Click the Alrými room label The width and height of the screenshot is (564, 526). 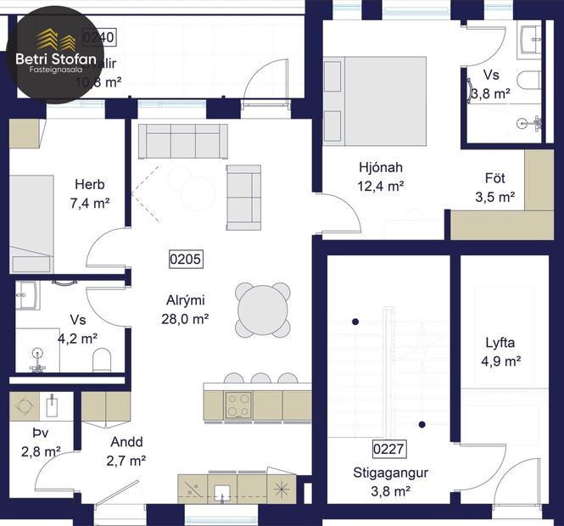point(186,299)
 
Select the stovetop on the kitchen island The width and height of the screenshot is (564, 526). point(237,405)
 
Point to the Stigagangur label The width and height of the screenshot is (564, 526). point(390,473)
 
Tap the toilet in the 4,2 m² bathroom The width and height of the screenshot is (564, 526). point(101,360)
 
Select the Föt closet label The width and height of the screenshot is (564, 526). point(495,178)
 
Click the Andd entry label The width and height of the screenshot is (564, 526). point(126,441)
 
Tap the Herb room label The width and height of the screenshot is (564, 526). point(89,184)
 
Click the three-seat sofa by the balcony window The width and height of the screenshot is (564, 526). point(182,141)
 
